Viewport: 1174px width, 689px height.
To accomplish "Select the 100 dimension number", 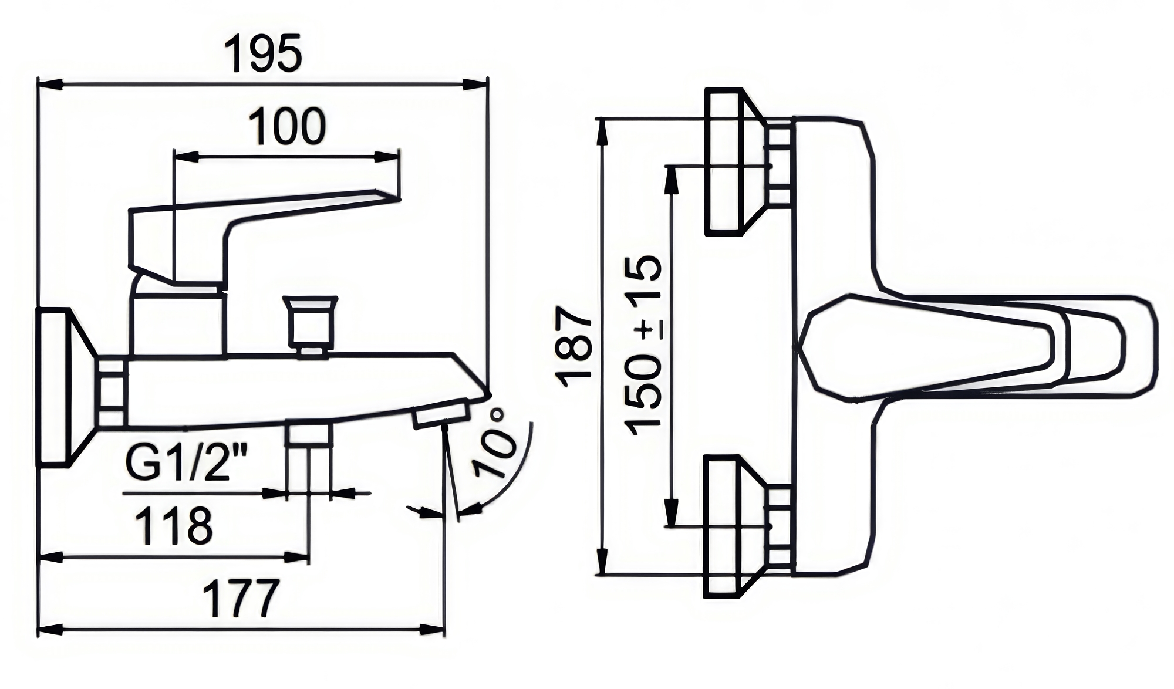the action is (287, 126).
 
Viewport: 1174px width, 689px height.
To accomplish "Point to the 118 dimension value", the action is (174, 525).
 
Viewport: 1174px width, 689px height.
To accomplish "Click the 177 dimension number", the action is (240, 598).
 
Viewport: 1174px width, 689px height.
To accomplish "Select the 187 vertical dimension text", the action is (573, 346).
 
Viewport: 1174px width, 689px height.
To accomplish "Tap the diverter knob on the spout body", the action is (310, 325).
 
